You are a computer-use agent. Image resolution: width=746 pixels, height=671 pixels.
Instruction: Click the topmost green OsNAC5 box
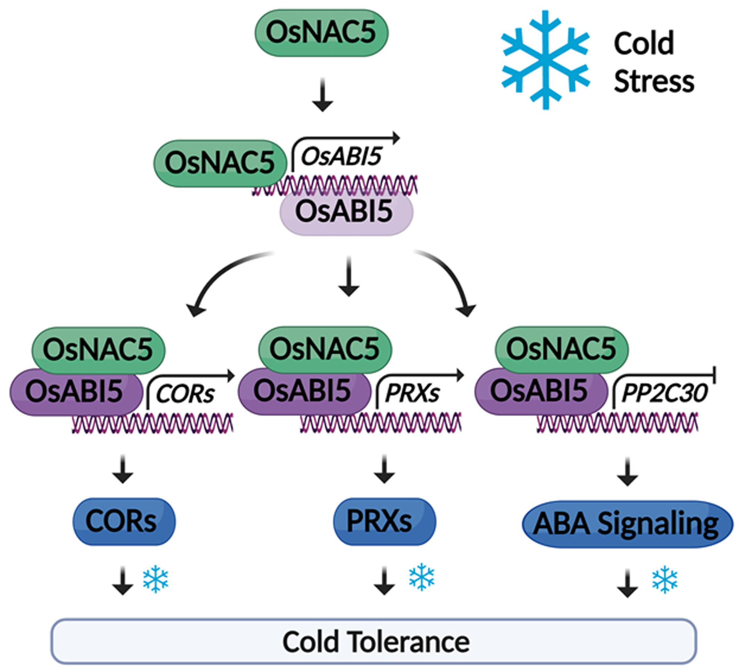pos(321,33)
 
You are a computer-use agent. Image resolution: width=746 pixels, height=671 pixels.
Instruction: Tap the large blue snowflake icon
pos(545,60)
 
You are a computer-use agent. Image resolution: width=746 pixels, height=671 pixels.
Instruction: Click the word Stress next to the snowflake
pos(654,81)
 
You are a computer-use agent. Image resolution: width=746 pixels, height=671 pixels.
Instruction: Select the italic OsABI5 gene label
pos(341,156)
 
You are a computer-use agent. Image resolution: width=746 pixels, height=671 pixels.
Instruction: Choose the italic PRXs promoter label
pos(412,393)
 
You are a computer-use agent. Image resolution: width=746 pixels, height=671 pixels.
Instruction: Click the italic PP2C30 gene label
pos(664,393)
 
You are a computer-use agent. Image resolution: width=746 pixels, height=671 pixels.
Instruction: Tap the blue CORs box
pos(123,521)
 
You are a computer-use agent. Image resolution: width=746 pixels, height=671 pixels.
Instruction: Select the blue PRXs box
pos(384,521)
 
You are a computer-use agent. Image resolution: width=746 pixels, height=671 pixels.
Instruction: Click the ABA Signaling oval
pos(627,524)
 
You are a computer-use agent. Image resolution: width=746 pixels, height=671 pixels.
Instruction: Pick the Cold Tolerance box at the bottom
pos(373,642)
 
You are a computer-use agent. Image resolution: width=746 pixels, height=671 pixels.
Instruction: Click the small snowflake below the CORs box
pos(156,580)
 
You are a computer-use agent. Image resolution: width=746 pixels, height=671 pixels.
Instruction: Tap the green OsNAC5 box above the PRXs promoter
pos(325,350)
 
